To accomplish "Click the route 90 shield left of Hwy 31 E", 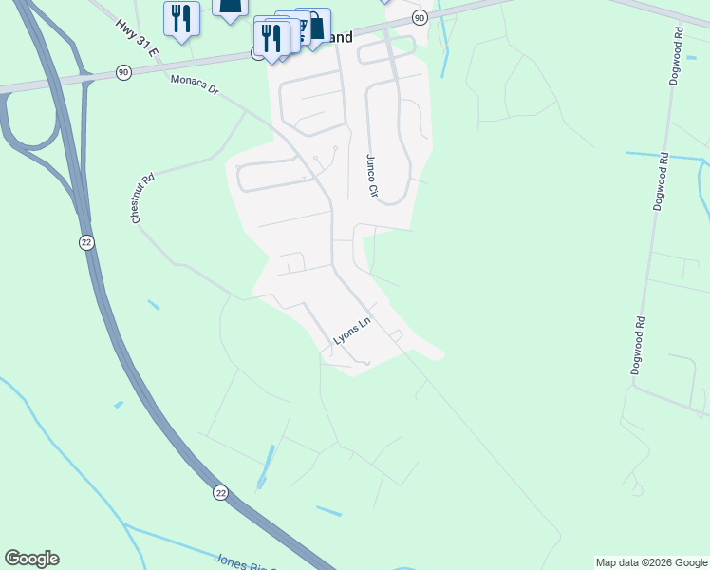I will tap(123, 72).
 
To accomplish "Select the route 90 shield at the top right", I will tap(420, 18).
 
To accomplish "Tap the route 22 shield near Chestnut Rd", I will tap(86, 242).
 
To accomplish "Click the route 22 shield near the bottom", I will tap(221, 492).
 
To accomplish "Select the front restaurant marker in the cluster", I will tap(271, 38).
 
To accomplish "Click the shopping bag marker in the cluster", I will tap(315, 24).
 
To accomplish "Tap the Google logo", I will tap(31, 559).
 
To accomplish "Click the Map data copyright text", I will tap(651, 562).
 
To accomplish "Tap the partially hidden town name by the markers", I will tap(339, 38).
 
